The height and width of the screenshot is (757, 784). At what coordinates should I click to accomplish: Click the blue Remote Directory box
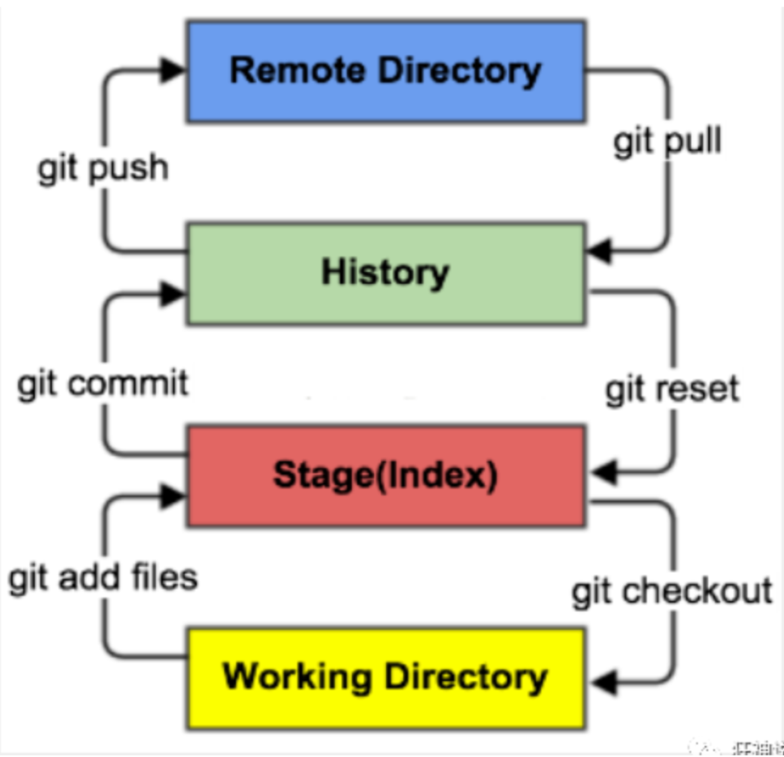pyautogui.click(x=385, y=71)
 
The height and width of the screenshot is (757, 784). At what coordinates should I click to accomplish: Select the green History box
pyautogui.click(x=385, y=273)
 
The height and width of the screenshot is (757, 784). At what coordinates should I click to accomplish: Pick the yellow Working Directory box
pyautogui.click(x=385, y=677)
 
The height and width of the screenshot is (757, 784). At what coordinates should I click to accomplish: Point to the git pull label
pyautogui.click(x=667, y=142)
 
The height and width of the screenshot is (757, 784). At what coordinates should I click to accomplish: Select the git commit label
pyautogui.click(x=103, y=384)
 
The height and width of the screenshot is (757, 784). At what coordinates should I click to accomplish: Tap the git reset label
pyautogui.click(x=672, y=389)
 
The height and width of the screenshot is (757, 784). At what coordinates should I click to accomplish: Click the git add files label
pyautogui.click(x=103, y=578)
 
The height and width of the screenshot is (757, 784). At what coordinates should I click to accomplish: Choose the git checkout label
pyautogui.click(x=672, y=590)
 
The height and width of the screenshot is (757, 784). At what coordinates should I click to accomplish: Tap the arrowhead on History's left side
pyautogui.click(x=175, y=293)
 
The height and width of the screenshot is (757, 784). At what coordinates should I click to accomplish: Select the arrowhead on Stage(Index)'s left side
pyautogui.click(x=175, y=494)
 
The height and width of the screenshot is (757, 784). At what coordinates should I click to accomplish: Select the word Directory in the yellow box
pyautogui.click(x=464, y=677)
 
